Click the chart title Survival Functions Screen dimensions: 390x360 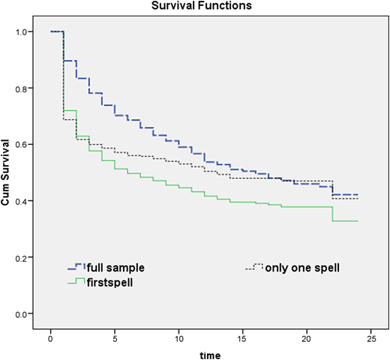point(202,5)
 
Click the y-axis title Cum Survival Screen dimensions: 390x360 point(5,172)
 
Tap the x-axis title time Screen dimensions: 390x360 point(210,355)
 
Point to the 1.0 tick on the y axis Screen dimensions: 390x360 point(21,32)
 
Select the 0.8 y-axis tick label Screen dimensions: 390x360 point(21,88)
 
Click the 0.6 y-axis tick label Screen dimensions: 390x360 point(21,145)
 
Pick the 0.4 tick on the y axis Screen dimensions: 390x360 point(21,201)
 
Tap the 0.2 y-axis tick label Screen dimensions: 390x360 point(21,258)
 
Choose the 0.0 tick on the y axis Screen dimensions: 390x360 point(21,314)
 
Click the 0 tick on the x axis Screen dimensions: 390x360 point(51,339)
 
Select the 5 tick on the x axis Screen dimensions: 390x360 point(115,339)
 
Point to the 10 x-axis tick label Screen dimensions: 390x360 point(178,339)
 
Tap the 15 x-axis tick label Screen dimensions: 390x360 point(243,339)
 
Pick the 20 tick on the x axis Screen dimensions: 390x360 point(307,339)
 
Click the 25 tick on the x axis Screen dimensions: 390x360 point(370,339)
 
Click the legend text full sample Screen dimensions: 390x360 point(115,268)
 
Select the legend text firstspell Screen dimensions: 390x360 point(109,283)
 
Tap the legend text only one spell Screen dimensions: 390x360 point(302,268)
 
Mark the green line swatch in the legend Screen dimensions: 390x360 point(76,280)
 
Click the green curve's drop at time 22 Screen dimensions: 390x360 point(332,214)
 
